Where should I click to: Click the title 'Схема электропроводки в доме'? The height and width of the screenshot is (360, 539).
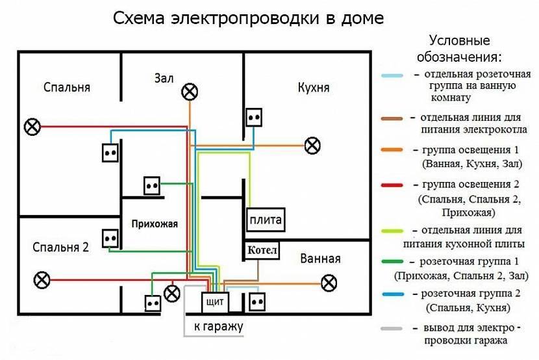click(248, 18)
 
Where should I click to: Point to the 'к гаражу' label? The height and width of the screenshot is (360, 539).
click(218, 327)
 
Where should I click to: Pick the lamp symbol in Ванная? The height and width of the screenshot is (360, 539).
click(330, 283)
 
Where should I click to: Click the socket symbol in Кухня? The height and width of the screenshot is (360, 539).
click(254, 118)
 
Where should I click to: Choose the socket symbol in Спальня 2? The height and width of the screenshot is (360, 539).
click(110, 239)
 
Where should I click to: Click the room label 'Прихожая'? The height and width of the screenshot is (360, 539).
click(154, 224)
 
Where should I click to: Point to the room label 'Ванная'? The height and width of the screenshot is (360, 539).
click(320, 259)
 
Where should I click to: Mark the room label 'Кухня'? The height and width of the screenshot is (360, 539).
click(313, 88)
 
